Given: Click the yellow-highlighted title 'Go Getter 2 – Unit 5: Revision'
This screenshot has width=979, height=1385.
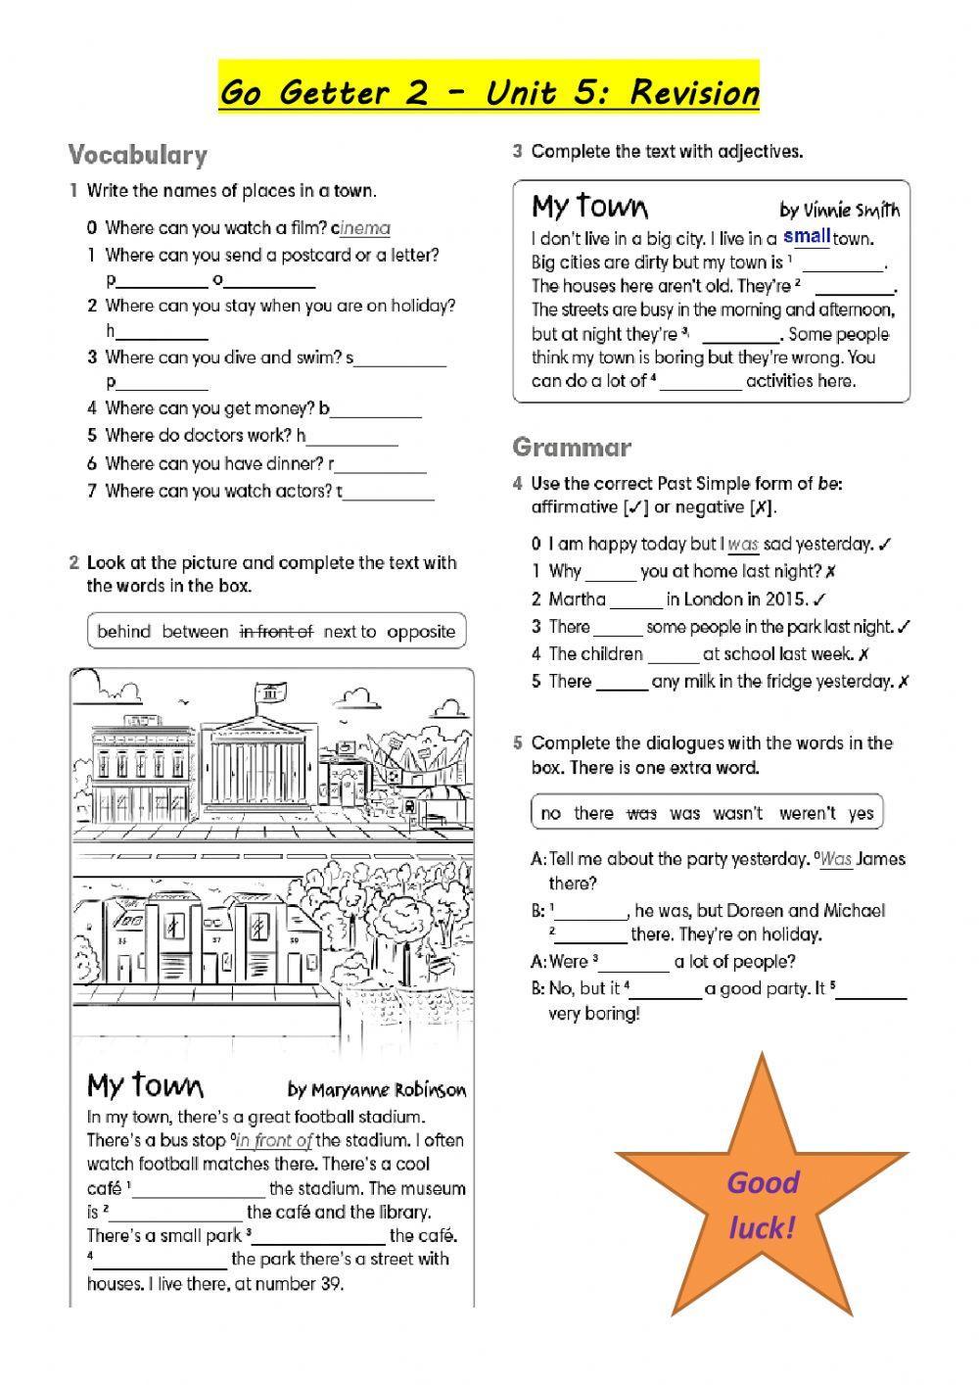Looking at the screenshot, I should [489, 92].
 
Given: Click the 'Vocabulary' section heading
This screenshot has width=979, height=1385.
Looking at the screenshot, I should [138, 156].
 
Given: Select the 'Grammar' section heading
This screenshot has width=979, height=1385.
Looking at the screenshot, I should [572, 448].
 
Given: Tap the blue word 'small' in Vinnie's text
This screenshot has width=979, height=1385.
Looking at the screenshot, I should [807, 236].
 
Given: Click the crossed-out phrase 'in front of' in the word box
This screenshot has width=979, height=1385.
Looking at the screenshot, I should [276, 632].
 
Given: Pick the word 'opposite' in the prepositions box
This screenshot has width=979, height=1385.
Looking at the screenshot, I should [421, 632].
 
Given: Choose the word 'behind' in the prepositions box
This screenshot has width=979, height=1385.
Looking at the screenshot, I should [124, 632].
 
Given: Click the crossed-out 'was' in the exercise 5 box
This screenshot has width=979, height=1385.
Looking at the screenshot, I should [641, 813].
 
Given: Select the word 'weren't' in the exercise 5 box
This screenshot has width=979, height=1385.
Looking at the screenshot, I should [808, 813].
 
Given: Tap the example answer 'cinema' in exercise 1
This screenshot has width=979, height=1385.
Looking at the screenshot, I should [365, 228].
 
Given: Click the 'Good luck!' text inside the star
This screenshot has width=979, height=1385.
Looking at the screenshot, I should [763, 1205].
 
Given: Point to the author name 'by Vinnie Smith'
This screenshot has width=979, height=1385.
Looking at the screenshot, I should [839, 211].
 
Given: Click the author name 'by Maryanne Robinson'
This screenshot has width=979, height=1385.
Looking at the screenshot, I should [377, 1090].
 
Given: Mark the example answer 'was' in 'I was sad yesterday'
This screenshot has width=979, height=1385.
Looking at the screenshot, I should [744, 545].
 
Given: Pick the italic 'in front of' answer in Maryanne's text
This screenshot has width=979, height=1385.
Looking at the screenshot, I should [275, 1140].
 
